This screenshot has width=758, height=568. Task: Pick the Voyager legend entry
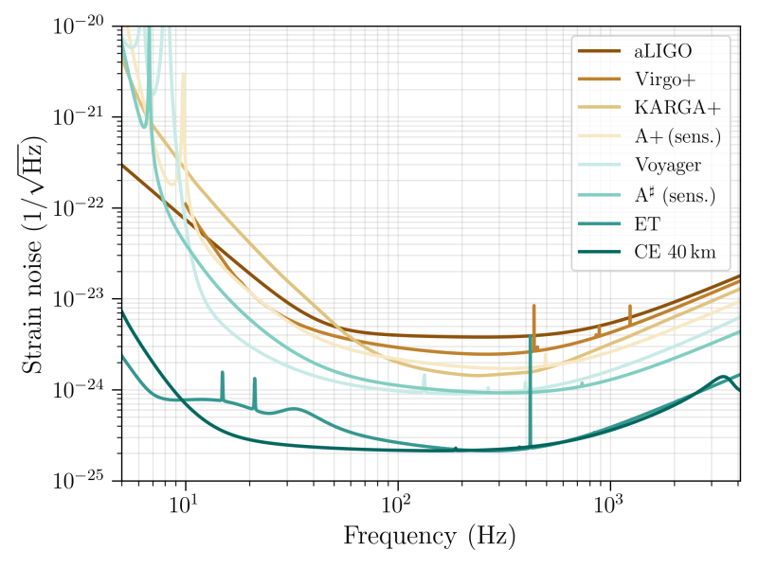[x=668, y=166]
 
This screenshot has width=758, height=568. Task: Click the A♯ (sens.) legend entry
[x=675, y=195]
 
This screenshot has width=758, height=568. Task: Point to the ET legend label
[x=647, y=224]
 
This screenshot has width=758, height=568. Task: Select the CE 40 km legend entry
[x=675, y=253]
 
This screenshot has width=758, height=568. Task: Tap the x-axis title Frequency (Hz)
[x=429, y=537]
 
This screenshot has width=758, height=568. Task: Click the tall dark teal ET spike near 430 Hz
[x=530, y=388]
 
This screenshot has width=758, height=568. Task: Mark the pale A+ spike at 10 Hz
[x=184, y=114]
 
